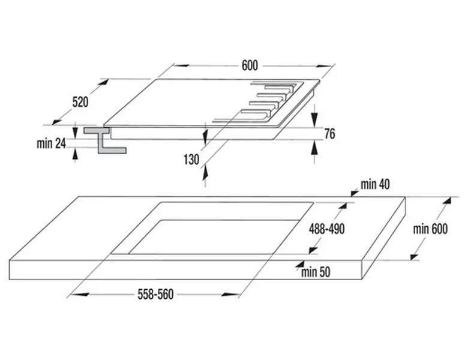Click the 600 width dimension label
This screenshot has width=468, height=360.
tap(250, 66)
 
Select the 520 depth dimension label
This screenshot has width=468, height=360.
tap(80, 102)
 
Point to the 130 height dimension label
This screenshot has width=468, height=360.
tap(191, 159)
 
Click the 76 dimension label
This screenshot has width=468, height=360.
tap(329, 134)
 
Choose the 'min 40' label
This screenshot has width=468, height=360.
tap(376, 184)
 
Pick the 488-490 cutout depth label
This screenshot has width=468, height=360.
tap(326, 229)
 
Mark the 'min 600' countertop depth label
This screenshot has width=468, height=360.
tap(431, 229)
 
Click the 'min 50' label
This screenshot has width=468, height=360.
tap(316, 272)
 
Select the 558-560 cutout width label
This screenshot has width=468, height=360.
tap(155, 295)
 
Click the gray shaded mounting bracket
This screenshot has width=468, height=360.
tap(106, 140)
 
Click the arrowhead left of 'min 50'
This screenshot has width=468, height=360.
tap(298, 263)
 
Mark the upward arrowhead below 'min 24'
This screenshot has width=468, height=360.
tap(75, 154)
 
